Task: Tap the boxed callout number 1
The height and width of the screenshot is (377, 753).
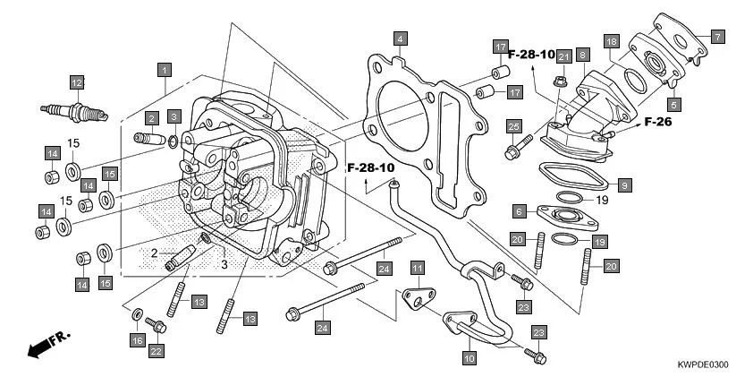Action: [163, 68]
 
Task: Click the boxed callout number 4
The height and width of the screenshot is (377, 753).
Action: [401, 39]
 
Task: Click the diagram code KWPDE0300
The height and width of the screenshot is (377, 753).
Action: [703, 365]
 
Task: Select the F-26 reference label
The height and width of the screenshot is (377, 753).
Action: [657, 121]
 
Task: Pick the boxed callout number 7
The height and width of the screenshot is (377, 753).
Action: [717, 37]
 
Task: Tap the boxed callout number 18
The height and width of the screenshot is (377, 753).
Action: [611, 42]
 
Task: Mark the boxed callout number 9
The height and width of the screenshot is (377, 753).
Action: [625, 184]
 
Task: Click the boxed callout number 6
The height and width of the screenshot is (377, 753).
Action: [519, 211]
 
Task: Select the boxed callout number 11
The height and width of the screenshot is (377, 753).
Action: [417, 268]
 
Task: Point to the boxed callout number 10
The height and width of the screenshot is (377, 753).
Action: [468, 357]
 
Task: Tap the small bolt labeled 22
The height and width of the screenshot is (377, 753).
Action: [157, 326]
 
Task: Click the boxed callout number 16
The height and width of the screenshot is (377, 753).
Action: [137, 340]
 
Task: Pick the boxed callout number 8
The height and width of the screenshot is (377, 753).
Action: [582, 56]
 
